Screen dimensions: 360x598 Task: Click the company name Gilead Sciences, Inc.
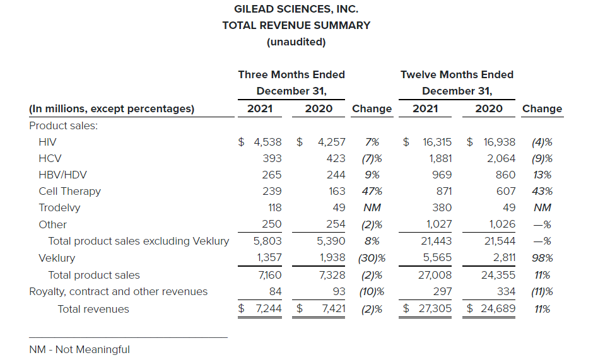(296, 9)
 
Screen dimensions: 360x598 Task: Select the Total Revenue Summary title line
(296, 26)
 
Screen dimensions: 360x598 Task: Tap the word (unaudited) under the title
(296, 42)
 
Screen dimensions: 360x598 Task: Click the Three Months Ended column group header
(291, 74)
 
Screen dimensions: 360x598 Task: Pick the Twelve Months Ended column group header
(457, 74)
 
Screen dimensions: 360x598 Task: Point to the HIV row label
(47, 142)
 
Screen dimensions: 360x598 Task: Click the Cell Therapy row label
(69, 192)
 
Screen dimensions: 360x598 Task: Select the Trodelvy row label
(59, 208)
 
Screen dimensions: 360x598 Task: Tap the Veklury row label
(57, 258)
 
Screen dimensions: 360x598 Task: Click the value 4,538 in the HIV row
(267, 142)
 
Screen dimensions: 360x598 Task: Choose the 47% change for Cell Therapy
(372, 192)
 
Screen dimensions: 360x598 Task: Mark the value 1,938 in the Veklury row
(331, 258)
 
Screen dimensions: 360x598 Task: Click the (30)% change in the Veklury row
(372, 258)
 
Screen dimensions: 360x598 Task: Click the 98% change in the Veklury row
(542, 258)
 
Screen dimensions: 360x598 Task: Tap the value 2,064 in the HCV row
(501, 158)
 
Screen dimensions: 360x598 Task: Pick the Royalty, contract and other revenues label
(119, 291)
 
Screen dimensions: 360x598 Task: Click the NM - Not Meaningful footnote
(79, 349)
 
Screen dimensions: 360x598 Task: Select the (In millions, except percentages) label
(112, 108)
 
